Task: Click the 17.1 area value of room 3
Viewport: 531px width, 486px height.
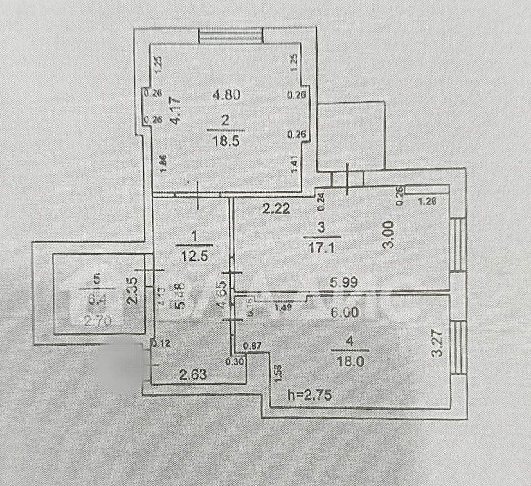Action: [x=320, y=247]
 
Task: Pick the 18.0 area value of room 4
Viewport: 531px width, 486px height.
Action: [x=350, y=361]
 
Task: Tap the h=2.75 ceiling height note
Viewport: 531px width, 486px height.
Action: [x=310, y=395]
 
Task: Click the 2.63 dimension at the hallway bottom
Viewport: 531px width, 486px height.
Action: [x=193, y=374]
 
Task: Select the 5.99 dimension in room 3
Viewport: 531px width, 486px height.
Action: [x=343, y=283]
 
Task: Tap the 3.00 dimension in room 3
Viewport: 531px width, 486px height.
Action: [x=390, y=234]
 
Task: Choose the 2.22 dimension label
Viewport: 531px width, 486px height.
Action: [x=276, y=208]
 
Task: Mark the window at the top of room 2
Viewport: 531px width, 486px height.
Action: [x=231, y=36]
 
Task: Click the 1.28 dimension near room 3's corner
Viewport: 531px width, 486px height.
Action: [x=427, y=202]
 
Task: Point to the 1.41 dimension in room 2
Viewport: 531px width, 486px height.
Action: [x=295, y=164]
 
